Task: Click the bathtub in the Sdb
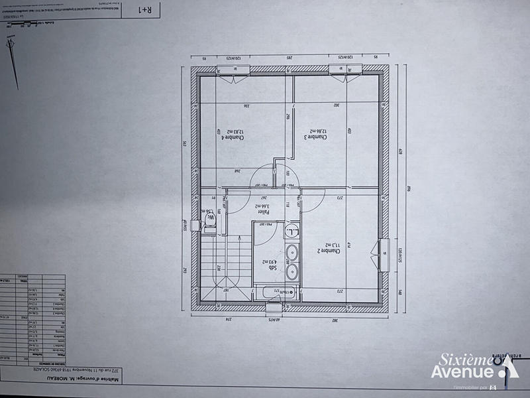tap(275, 291)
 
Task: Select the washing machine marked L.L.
tap(291, 232)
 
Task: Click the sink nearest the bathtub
tap(291, 273)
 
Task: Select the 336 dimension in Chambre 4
tap(229, 105)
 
